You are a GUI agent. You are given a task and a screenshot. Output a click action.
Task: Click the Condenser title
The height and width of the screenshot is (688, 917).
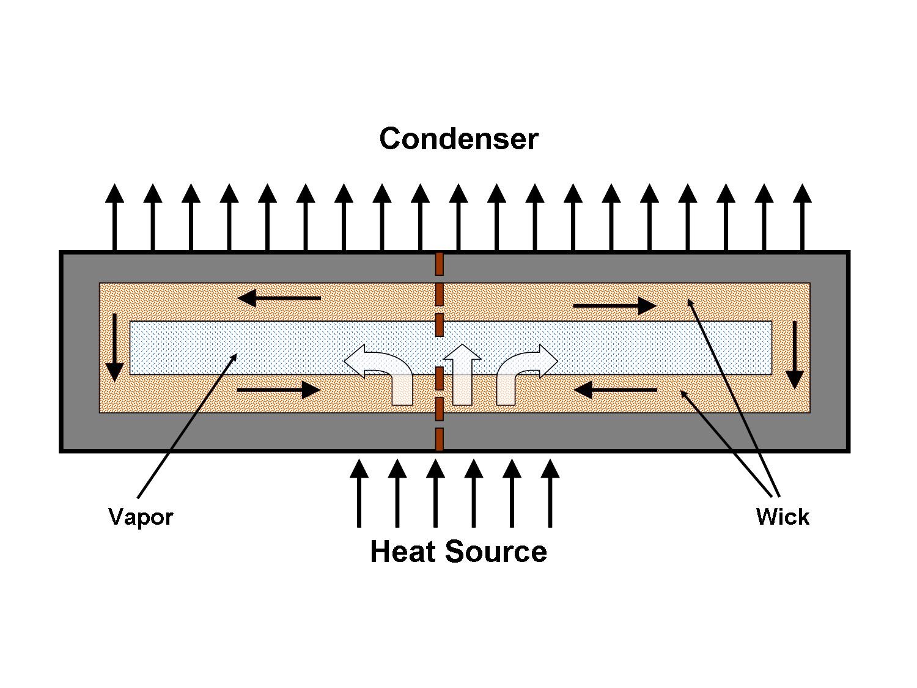click(x=458, y=139)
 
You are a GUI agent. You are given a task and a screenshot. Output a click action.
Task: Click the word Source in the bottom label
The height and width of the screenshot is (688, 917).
click(x=496, y=552)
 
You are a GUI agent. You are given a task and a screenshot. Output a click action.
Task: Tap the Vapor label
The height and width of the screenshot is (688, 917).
click(x=141, y=517)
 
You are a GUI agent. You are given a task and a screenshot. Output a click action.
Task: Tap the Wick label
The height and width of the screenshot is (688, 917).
click(x=783, y=517)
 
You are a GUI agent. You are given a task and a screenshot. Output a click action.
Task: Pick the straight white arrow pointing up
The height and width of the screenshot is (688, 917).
click(x=462, y=374)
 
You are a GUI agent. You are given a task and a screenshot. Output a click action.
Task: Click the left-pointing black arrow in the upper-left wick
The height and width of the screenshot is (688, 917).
click(x=279, y=298)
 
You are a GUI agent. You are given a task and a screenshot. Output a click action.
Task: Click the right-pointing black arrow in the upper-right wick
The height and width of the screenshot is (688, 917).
click(x=614, y=305)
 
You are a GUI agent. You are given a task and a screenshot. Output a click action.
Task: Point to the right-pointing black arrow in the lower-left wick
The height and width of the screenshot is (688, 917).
click(x=278, y=390)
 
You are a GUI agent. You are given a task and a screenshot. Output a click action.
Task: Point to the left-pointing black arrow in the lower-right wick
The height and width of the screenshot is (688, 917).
click(x=616, y=390)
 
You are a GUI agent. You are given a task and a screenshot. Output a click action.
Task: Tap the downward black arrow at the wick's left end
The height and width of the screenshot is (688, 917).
click(x=114, y=347)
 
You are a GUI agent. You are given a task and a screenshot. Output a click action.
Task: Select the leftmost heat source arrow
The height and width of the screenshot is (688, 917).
click(x=359, y=493)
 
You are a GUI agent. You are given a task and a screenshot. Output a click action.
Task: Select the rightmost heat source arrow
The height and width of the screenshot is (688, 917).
click(x=550, y=493)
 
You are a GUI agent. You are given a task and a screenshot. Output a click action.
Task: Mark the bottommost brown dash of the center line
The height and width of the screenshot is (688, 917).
click(x=439, y=439)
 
